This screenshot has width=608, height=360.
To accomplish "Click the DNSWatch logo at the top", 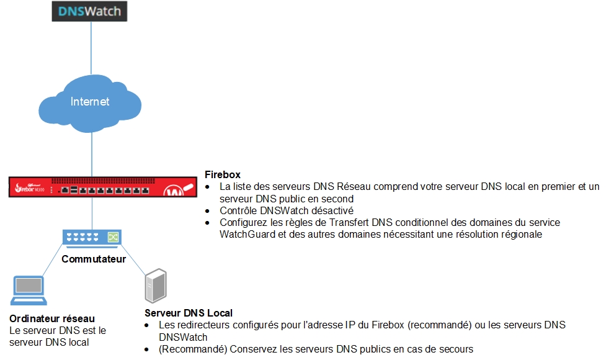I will coord(89,11).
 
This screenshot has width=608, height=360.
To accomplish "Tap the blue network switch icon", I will coord(92,236).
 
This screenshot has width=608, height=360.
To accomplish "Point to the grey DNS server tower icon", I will coord(154,286).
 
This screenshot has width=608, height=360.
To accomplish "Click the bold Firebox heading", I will coord(222,175).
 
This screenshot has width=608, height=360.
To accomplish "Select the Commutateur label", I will coord(93,259).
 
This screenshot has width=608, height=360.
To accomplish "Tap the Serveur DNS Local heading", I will coord(189,313).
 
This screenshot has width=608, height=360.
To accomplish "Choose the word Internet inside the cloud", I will coord(90,101).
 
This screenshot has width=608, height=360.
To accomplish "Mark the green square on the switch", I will coord(113,236).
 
